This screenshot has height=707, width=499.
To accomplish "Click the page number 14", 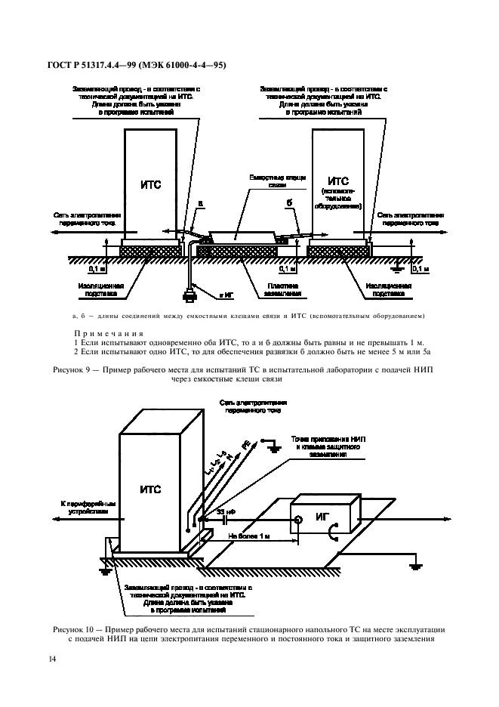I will coord(52,659).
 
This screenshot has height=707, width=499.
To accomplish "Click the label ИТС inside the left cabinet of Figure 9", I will coord(152,184).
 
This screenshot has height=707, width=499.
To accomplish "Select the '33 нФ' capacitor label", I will coord(226,511).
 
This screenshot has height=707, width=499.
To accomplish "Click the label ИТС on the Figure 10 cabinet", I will coord(149,489).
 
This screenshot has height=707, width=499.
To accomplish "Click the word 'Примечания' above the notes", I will coord(103,333).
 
